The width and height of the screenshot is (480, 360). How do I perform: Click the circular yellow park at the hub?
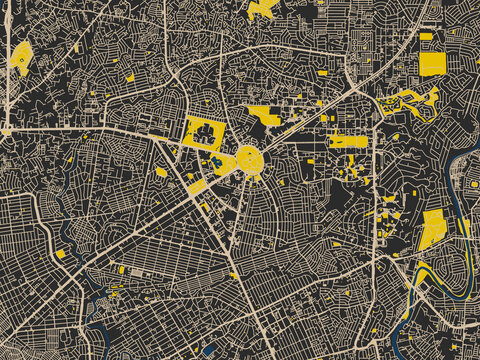(x=249, y=158)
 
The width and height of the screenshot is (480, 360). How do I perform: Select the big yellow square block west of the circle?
(x=204, y=133)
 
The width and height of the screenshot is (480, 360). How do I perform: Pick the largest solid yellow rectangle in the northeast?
(x=433, y=64)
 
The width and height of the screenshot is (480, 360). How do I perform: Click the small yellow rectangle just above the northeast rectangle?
(x=426, y=36)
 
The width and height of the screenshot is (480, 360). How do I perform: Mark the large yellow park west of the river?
(x=433, y=229)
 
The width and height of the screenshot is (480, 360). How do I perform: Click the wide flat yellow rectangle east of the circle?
(x=349, y=140)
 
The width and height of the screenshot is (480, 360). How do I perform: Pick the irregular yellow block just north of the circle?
(x=263, y=115)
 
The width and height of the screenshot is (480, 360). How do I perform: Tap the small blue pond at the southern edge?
(x=208, y=350)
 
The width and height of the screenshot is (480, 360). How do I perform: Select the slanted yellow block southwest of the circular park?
(x=198, y=186)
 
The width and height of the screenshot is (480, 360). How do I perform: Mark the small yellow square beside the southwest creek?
(x=60, y=254)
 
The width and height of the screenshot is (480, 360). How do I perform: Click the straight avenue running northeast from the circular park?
(x=310, y=118)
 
